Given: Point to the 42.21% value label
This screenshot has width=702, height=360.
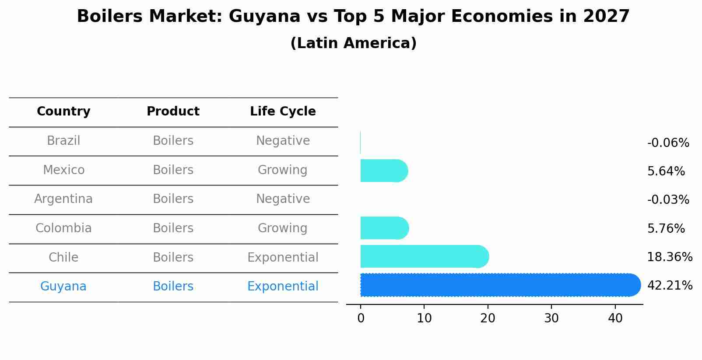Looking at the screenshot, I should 670,286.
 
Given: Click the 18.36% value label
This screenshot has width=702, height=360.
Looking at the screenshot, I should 670,257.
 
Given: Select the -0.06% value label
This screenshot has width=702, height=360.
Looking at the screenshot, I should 668,143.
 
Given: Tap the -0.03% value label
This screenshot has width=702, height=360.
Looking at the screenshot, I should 668,200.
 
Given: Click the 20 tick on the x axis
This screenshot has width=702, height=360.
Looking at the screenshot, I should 488,318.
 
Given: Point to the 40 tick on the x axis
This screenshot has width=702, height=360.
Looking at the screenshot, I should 615,318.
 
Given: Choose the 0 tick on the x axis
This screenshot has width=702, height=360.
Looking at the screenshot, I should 361,318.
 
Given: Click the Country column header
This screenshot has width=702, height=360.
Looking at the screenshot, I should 63,112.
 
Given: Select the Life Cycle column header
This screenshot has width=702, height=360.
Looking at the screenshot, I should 283,112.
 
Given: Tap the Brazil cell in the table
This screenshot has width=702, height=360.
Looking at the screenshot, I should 63,141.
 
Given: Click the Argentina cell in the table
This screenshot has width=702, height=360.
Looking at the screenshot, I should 63,199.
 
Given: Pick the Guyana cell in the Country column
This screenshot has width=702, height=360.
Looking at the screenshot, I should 63,287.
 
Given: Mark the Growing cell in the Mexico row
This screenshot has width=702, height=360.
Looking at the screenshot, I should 283,170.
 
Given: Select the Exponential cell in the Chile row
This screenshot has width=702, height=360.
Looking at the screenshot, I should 283,258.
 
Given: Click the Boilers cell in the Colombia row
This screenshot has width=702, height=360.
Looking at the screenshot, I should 173,228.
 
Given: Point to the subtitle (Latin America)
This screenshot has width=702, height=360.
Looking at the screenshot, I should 353,43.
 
